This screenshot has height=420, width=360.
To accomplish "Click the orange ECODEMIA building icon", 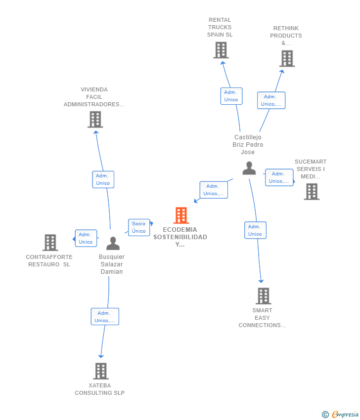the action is pos(181,215).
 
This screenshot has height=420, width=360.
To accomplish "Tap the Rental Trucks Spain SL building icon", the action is pos(221,50).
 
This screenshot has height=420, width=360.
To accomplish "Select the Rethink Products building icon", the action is pos(287,59).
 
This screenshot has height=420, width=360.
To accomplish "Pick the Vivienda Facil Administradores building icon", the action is pos(95,120).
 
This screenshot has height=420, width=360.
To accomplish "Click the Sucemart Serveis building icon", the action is pos(312,192).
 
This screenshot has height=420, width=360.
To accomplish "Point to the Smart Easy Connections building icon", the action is pos(264,296).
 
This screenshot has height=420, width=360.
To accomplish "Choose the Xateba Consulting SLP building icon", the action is pos(101,371).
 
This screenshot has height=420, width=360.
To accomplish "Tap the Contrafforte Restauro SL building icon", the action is pos(50,243).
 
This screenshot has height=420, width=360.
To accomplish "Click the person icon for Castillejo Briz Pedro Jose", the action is pos(249,168).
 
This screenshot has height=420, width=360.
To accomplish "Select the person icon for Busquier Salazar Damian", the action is pos(113,243).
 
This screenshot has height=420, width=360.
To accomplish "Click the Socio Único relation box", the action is pos(139,227).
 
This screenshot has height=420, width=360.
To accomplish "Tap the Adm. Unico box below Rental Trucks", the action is pos(231,96).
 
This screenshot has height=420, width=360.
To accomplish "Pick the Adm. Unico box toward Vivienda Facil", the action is pos(103,179).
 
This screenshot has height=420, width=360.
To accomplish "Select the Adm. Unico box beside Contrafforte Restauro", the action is pos(86,238).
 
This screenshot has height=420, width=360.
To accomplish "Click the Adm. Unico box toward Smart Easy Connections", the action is pos(256,230).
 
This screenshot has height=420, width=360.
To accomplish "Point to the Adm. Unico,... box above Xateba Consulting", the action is pos(105,317).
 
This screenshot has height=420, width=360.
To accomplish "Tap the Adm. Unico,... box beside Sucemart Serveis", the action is pos(279,177).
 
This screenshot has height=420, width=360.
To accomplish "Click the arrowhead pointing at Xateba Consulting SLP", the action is pos(101,356).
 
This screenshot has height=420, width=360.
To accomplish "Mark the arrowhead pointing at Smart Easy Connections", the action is pos(261,281).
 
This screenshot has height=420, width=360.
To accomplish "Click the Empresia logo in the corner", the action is pos(340,415).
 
